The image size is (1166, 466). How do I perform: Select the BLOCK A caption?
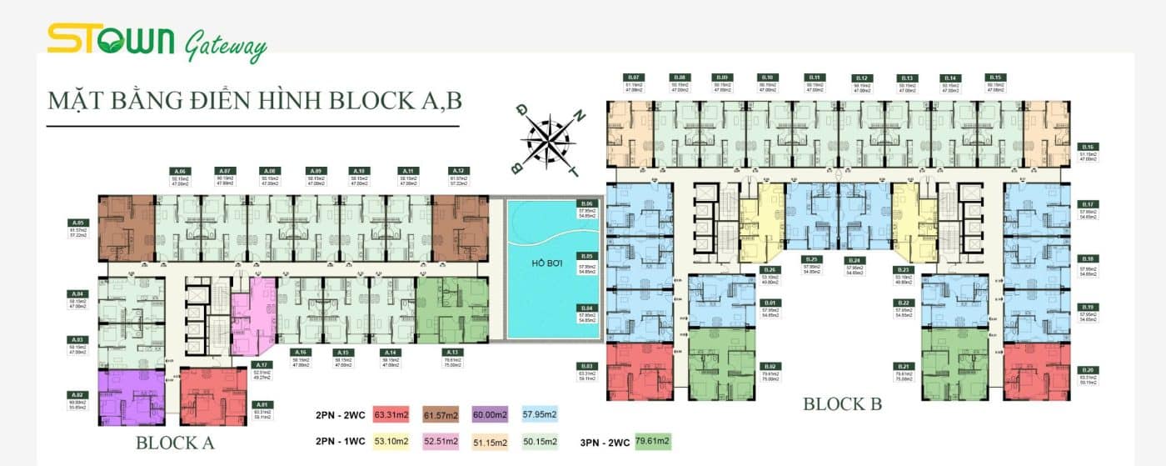175,443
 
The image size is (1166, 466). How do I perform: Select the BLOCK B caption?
841,404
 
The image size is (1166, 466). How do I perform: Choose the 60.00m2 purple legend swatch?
490,414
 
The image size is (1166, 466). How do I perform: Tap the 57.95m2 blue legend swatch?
540,414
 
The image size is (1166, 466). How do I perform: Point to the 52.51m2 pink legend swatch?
441,441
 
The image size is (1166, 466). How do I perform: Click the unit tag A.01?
260,404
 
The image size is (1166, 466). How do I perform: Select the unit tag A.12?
456,170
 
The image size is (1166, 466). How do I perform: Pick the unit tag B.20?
1086,370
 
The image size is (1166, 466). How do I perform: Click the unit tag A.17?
261,364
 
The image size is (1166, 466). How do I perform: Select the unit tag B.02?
770,366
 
